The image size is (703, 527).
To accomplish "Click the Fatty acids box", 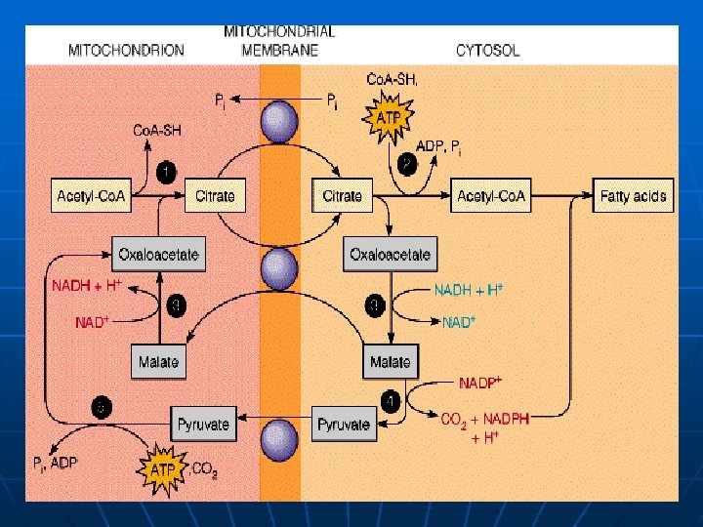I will (x=634, y=196).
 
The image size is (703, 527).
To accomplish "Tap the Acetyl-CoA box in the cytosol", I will (x=492, y=196).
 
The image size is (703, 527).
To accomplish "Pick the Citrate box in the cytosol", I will (x=343, y=196).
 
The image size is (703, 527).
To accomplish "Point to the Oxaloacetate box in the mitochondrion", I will (x=158, y=255).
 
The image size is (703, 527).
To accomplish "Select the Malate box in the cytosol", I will (x=391, y=362).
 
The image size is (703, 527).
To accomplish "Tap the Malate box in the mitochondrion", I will (x=158, y=362).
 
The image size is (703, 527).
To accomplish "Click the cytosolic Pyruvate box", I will (x=344, y=425).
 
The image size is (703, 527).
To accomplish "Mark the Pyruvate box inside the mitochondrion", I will (x=203, y=425).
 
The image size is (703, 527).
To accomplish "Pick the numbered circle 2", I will (x=406, y=162).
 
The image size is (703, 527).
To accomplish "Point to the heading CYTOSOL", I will (x=487, y=50).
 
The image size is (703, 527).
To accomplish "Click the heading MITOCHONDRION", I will (x=125, y=50).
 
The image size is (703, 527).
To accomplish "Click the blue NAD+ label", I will (x=458, y=322).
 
